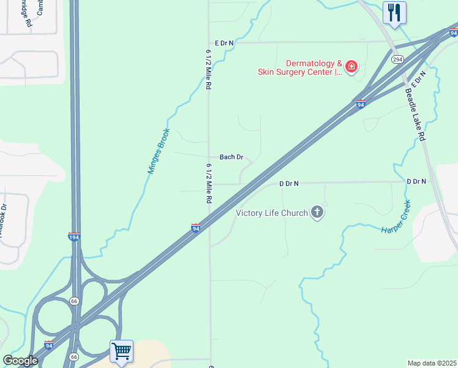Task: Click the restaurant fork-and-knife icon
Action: pos(394,12)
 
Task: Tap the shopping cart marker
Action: pos(121,351)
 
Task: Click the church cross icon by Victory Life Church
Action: pos(317,213)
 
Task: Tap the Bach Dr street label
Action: pos(231,158)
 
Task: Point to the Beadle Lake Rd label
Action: pos(415,115)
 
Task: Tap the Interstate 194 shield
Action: pos(73,236)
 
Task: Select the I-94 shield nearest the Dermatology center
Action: pos(361,104)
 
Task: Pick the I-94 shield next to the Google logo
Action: pos(49,345)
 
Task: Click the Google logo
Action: pos(20,361)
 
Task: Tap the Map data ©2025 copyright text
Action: pos(432,363)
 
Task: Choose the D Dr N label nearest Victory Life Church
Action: pos(288,183)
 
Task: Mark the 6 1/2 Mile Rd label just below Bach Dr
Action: pos(209,183)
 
